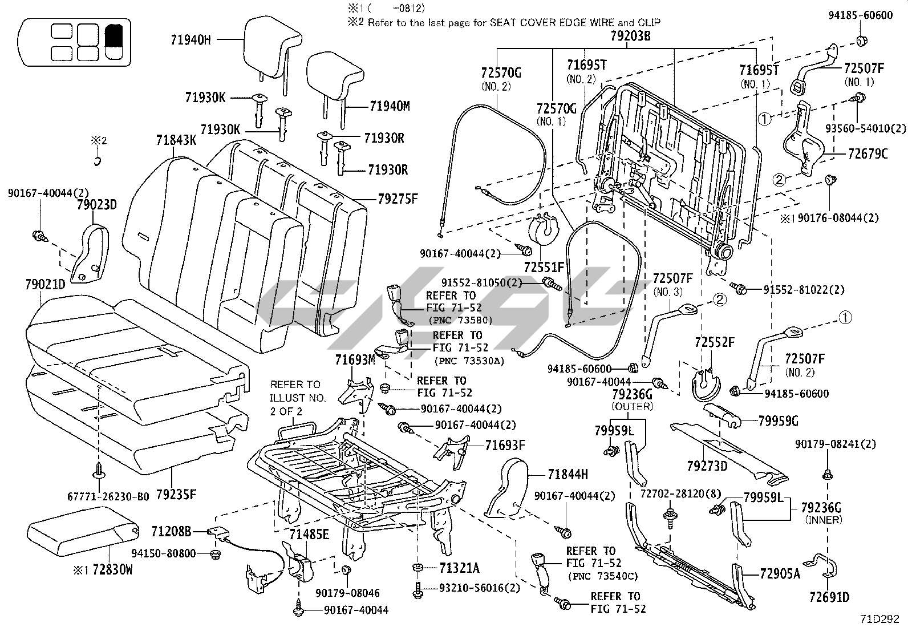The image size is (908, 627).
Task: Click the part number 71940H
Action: click(x=190, y=39)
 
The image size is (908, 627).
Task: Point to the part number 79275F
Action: click(x=398, y=199)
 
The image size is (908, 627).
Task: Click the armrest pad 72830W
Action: click(x=83, y=537)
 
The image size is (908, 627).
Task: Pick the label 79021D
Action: click(x=45, y=284)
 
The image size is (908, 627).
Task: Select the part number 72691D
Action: click(x=829, y=598)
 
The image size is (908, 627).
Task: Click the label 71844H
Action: click(x=567, y=474)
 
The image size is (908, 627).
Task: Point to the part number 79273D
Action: click(x=707, y=466)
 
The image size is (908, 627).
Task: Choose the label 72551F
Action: click(x=544, y=266)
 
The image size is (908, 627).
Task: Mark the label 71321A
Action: click(x=459, y=568)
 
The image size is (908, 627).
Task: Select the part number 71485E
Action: click(x=309, y=535)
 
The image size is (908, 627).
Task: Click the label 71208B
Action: click(x=171, y=532)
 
